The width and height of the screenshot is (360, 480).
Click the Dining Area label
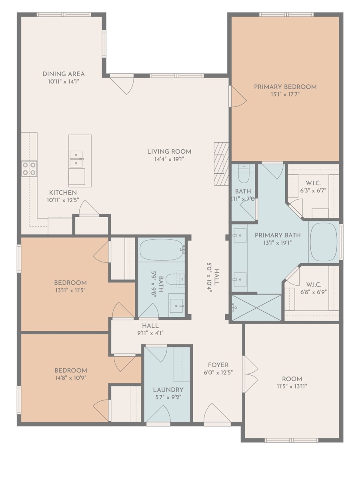tap(63, 74)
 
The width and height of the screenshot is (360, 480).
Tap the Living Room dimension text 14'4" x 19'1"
tap(169, 159)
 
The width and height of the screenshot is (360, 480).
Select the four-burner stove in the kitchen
tap(29, 169)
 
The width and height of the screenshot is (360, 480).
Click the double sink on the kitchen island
tap(76, 159)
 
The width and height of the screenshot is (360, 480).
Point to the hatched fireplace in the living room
tap(221, 164)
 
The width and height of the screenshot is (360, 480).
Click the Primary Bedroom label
tap(285, 87)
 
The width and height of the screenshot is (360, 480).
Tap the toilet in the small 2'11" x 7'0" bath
tap(243, 174)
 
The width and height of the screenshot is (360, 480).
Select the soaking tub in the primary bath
tap(323, 242)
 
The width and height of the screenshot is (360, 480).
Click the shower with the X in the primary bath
tap(256, 308)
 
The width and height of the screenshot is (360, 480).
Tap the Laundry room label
tap(168, 390)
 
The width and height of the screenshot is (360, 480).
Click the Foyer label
tap(218, 365)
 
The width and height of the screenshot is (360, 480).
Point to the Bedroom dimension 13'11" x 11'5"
tap(70, 290)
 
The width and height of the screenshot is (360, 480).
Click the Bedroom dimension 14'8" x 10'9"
tap(71, 378)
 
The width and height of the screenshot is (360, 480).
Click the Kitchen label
tap(63, 193)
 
